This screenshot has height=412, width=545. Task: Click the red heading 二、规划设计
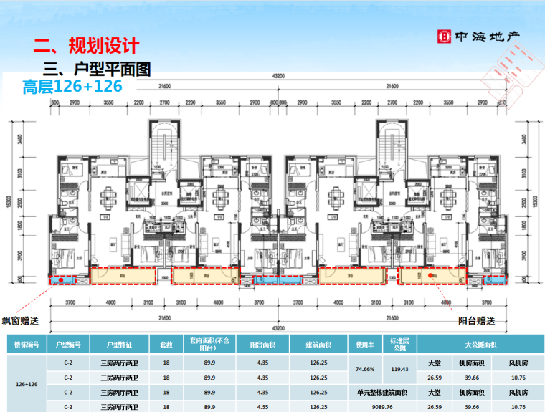point(85,47)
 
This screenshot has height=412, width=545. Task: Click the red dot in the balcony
point(430,274)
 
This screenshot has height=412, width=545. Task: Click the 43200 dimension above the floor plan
point(278,76)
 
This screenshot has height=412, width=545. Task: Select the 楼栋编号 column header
point(27,344)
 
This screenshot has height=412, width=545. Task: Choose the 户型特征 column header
point(118,344)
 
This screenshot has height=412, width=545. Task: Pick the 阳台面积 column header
point(262,344)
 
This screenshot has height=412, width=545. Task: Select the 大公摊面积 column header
point(479,344)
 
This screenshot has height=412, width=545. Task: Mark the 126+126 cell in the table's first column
point(27,384)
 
